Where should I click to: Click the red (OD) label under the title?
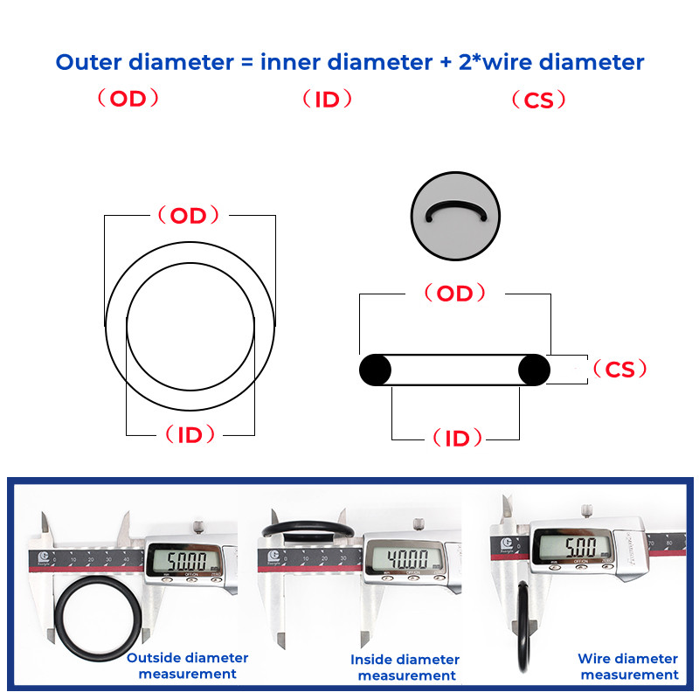coord(128,99)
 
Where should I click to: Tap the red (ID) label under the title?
coord(327,99)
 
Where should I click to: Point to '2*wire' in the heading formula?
coord(495,62)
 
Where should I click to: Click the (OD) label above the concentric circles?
coord(188,216)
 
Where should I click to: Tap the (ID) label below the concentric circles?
coord(190,434)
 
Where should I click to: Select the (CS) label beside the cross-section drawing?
coord(619,370)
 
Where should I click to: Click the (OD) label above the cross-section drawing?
coord(454,294)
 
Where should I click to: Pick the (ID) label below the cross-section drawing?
coord(457,439)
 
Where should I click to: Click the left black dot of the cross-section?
coord(376,370)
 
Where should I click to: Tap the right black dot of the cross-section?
coord(534,370)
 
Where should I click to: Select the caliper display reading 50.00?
coord(179,559)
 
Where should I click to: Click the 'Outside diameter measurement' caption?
coord(187,666)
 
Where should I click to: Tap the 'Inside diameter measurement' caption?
coord(405,668)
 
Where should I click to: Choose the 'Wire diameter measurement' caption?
coord(628,667)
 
